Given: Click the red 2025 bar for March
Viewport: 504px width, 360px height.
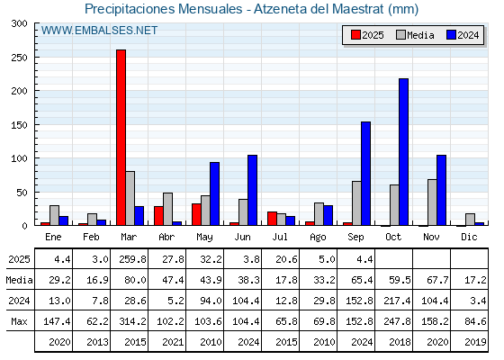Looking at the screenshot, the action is [x=121, y=138].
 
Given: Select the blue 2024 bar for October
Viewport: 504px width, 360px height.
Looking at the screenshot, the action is [x=403, y=152].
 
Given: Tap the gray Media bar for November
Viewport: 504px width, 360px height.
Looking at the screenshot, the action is [x=432, y=202].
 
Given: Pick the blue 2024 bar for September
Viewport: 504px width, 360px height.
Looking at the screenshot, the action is [x=365, y=174].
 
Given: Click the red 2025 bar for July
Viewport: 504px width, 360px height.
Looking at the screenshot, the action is [x=272, y=219].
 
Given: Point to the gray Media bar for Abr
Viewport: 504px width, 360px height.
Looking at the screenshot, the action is [x=167, y=209].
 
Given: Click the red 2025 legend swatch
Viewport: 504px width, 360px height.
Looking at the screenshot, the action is [x=355, y=35].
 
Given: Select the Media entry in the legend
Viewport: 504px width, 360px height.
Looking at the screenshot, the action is [x=415, y=35].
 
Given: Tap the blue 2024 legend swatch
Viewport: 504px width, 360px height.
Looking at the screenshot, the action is [x=451, y=35].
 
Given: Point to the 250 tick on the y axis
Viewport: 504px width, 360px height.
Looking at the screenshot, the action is [x=36, y=58].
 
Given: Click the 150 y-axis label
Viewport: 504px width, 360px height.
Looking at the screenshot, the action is [x=19, y=125].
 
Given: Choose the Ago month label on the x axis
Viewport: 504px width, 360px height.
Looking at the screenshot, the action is [x=318, y=238].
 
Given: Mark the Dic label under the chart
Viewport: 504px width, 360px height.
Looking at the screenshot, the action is [x=469, y=237].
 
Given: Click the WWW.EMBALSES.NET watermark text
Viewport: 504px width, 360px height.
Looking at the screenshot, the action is [x=99, y=31].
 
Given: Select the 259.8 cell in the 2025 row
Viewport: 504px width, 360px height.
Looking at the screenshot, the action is [x=132, y=259].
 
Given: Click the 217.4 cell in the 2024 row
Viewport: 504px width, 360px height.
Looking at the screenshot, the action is [x=397, y=301].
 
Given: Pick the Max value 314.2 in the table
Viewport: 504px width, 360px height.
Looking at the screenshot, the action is [x=132, y=321].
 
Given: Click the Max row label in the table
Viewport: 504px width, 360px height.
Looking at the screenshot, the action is [x=19, y=321].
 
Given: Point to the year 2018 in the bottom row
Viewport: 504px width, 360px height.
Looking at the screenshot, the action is [x=400, y=342].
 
